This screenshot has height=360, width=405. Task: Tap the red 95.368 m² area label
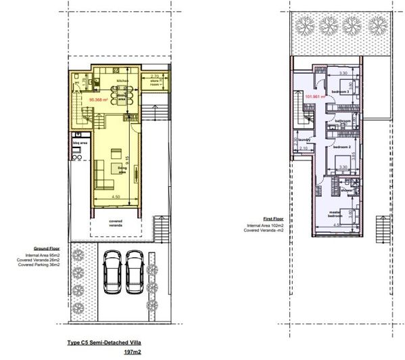point(82,99)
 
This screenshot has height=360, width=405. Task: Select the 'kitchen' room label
point(122,81)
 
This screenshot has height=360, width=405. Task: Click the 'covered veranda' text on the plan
point(115,223)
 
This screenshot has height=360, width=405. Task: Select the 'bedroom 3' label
point(340,91)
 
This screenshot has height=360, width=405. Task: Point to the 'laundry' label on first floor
point(304,141)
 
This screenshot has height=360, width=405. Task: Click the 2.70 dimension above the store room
point(155,76)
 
